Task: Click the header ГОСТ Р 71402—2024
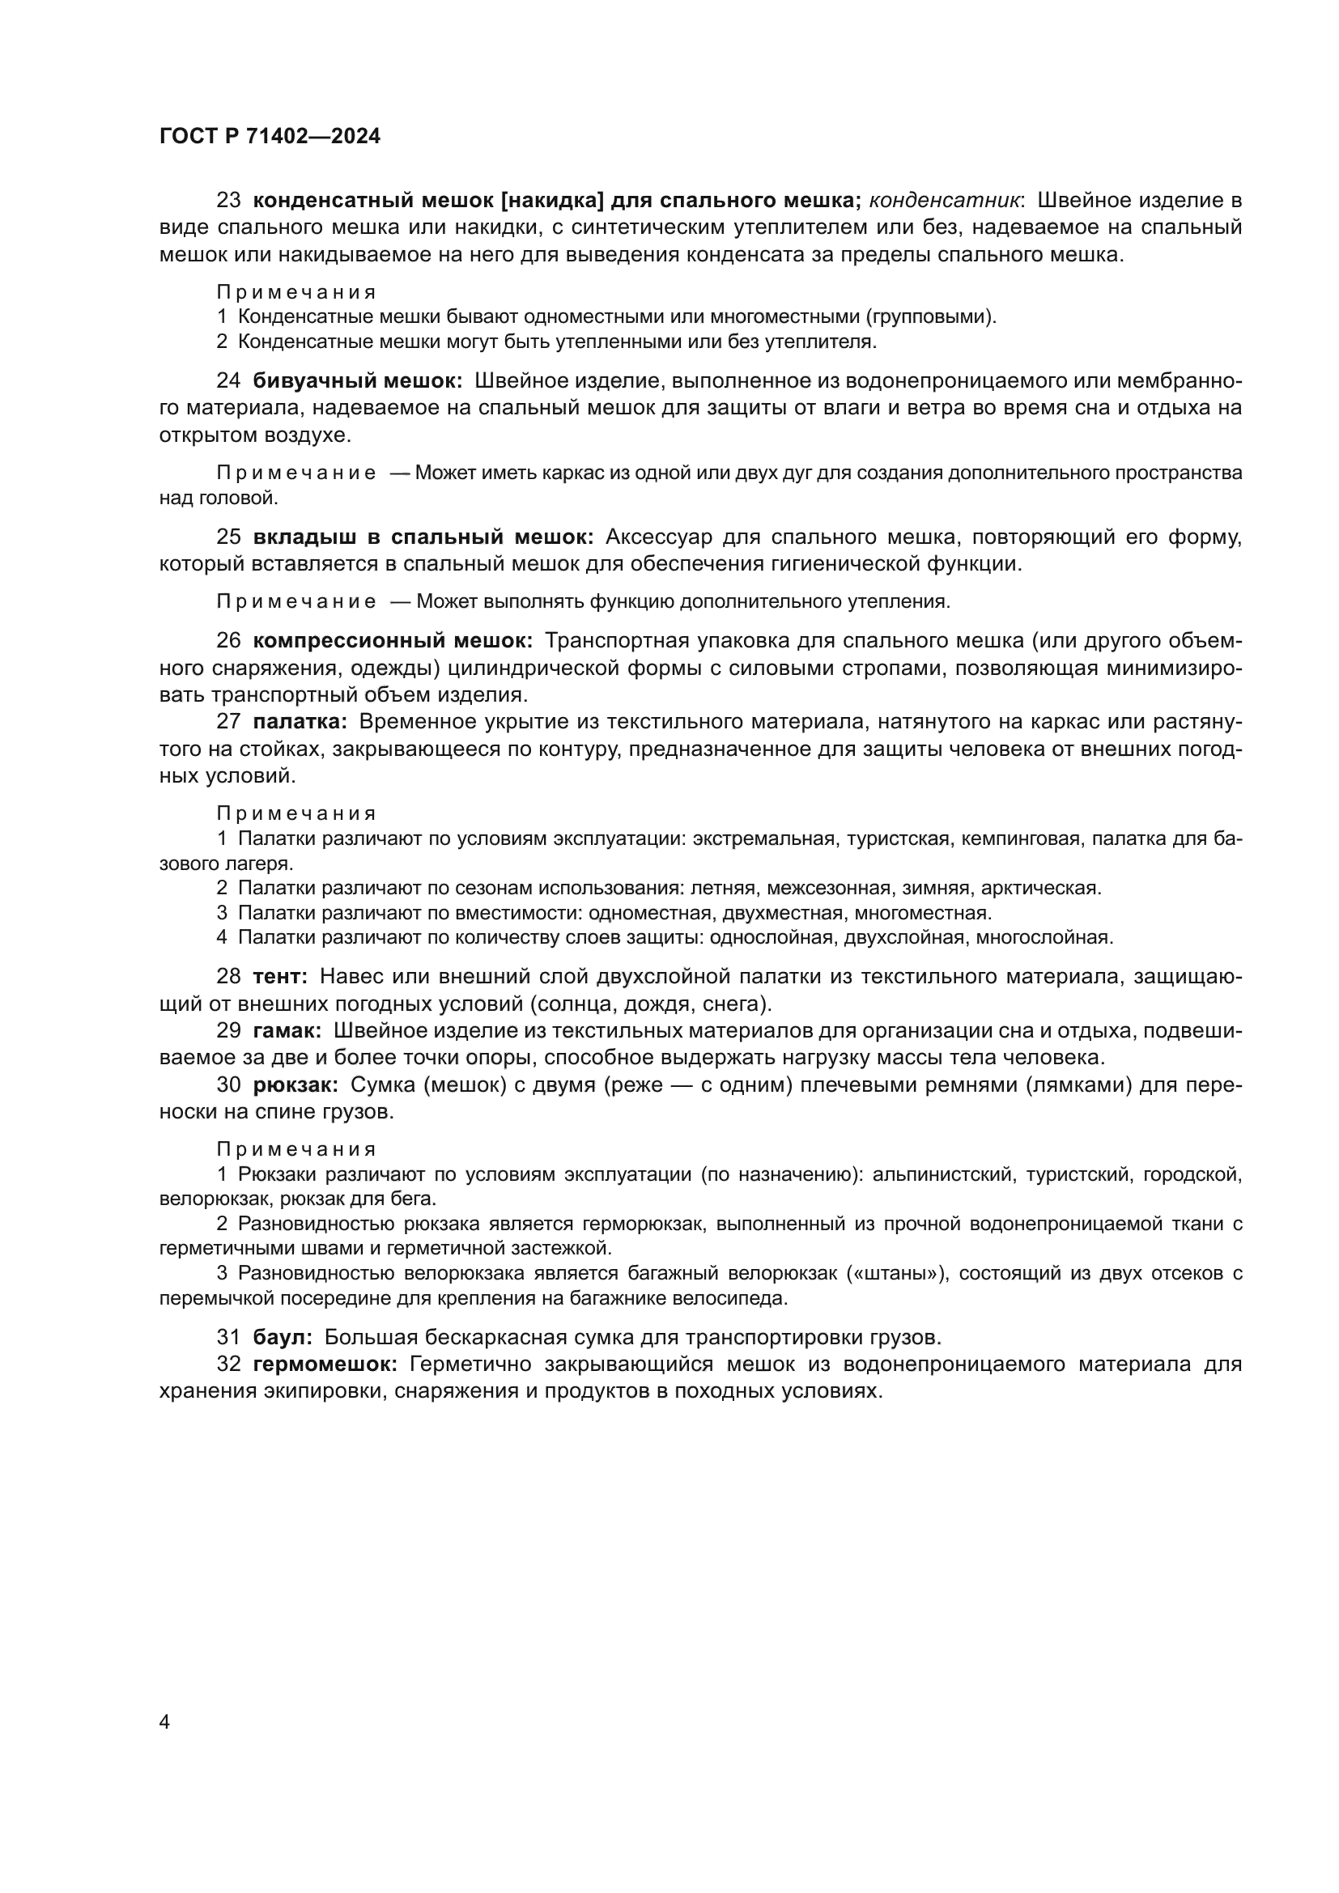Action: (270, 137)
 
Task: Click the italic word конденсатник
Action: (945, 201)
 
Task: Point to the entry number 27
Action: (228, 721)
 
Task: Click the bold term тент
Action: (280, 976)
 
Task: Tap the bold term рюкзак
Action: (296, 1085)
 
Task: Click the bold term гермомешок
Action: (325, 1364)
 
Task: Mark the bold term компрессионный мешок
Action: (393, 641)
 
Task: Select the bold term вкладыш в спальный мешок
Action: (423, 537)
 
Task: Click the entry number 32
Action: (228, 1364)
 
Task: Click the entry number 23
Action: (228, 201)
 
